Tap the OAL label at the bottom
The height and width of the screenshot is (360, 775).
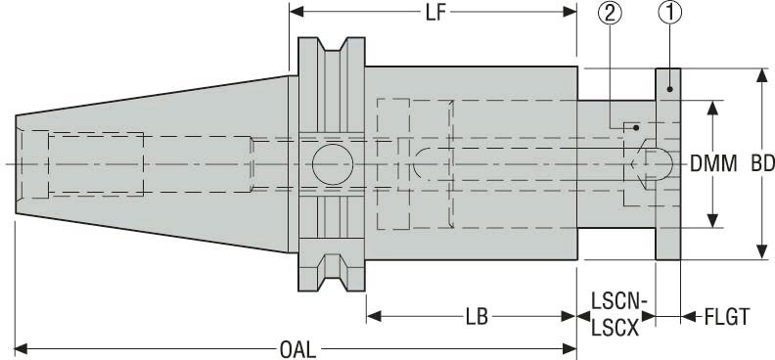tap(296, 347)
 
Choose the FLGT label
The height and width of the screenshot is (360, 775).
tap(726, 316)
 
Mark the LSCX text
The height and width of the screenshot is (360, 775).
tap(615, 329)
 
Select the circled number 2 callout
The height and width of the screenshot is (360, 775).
tap(610, 13)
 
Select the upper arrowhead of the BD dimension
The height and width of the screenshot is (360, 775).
tap(761, 75)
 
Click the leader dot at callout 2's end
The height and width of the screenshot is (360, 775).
tap(635, 126)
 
